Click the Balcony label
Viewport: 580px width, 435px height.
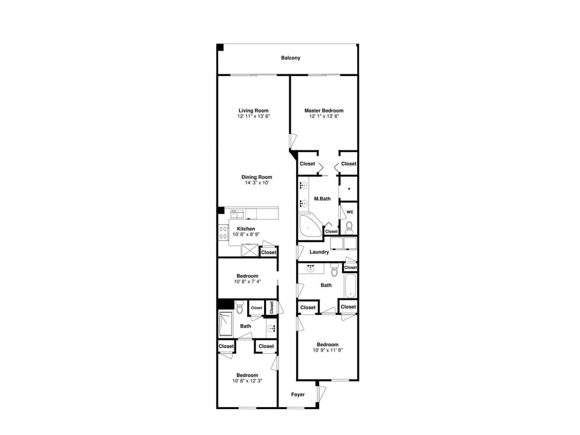pos(291,58)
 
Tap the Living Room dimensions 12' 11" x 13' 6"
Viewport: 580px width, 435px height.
pos(253,116)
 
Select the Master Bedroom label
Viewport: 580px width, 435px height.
pos(324,111)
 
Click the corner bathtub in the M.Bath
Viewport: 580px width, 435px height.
pos(311,225)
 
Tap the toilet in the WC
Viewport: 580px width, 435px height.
pos(349,228)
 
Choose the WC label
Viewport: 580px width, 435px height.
pos(350,212)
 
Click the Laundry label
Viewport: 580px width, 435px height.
pos(319,252)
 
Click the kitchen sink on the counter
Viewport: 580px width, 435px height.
pos(237,213)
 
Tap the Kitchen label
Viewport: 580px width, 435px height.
pos(246,228)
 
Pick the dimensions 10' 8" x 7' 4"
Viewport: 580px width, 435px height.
pos(247,282)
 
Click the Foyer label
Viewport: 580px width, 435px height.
pos(298,395)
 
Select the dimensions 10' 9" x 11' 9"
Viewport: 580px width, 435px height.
pos(328,350)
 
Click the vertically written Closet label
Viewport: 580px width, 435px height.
pos(272,307)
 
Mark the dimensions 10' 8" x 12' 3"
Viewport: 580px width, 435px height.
pos(247,381)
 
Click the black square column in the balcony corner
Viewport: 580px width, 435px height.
pos(221,47)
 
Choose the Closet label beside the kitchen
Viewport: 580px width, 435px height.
pos(268,252)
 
